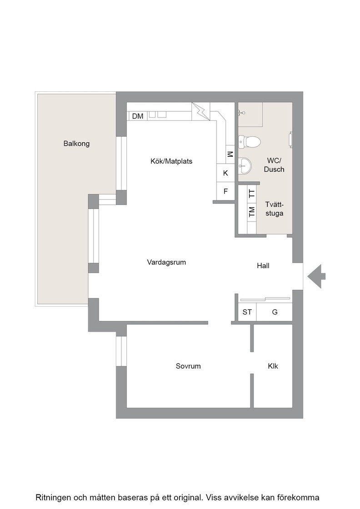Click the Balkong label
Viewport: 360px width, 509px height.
click(x=76, y=144)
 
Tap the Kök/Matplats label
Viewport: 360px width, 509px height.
click(x=171, y=161)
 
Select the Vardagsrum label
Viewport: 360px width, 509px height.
click(x=166, y=262)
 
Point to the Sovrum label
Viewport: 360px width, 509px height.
click(x=188, y=366)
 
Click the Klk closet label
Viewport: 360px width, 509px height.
click(x=273, y=366)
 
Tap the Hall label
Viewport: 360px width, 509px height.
click(x=263, y=266)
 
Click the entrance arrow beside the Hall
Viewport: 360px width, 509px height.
click(x=316, y=276)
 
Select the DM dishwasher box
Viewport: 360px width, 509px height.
click(x=138, y=116)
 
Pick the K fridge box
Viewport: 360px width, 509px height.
click(x=225, y=173)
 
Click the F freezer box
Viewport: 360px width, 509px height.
click(x=225, y=191)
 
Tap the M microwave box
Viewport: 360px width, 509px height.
click(x=230, y=154)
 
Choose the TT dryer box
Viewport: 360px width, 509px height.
click(x=251, y=194)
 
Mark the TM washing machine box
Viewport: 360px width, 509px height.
click(x=251, y=212)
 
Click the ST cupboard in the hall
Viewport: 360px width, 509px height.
click(x=247, y=312)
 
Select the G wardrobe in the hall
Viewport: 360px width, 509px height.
click(x=275, y=312)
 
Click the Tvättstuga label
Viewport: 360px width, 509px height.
click(x=274, y=209)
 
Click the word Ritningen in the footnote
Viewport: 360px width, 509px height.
click(x=53, y=498)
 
